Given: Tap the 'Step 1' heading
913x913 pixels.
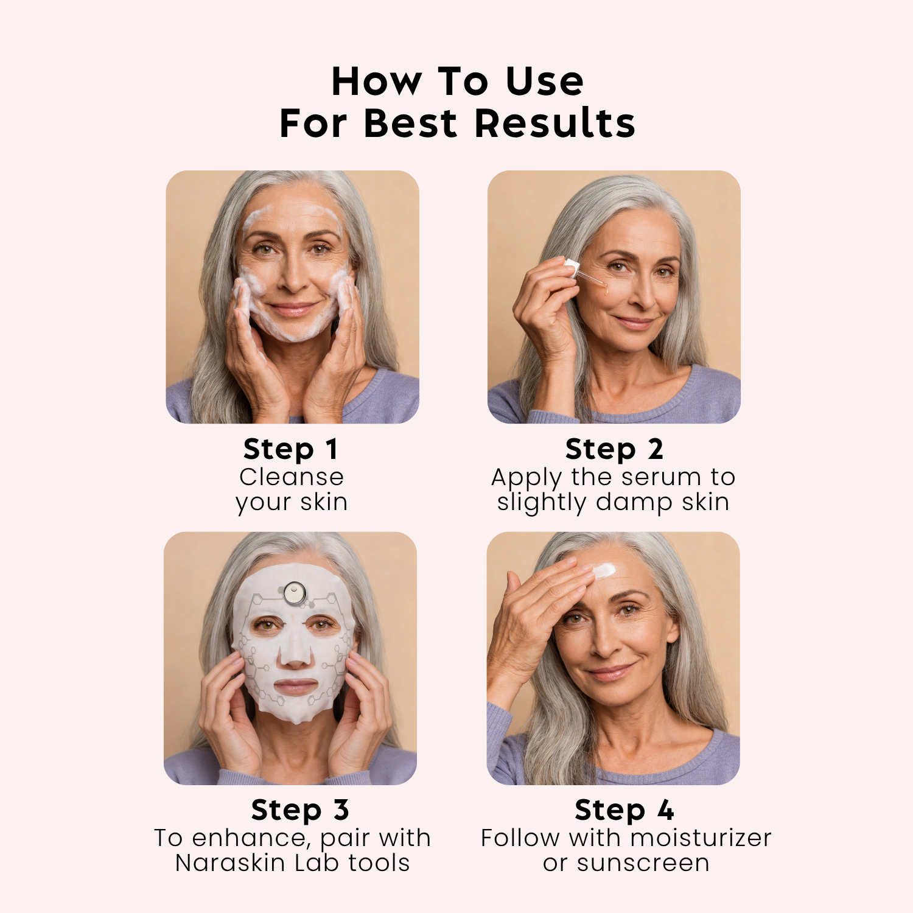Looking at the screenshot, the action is click(x=290, y=450).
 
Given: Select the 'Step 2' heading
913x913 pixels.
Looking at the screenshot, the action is click(x=614, y=450).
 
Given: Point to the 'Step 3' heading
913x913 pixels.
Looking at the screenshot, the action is click(x=300, y=811).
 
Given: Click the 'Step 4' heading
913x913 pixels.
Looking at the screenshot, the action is click(x=624, y=811).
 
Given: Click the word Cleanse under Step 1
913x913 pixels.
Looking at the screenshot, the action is click(x=292, y=477).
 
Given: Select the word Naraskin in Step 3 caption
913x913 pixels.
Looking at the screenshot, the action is click(x=230, y=863).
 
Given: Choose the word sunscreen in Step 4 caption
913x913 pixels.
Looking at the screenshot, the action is click(x=643, y=864).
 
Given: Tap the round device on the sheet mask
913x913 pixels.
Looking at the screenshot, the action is click(x=295, y=592).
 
